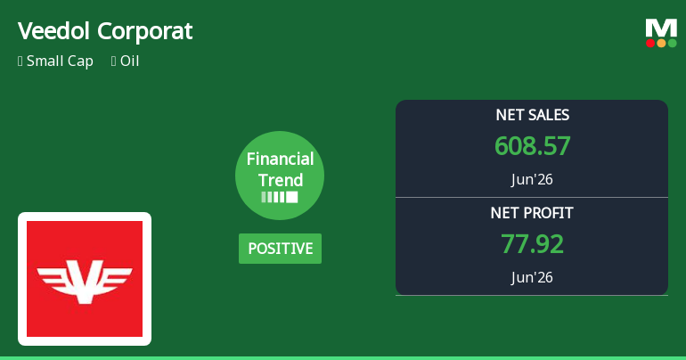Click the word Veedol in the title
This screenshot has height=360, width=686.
click(x=53, y=31)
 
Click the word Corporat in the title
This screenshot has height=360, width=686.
click(x=145, y=32)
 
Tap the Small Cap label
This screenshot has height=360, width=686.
click(x=60, y=61)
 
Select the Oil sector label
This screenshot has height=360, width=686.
click(x=129, y=61)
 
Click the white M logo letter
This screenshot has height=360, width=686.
click(x=661, y=29)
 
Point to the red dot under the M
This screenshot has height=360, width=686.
click(x=650, y=43)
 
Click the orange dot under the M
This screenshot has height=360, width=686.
click(x=661, y=43)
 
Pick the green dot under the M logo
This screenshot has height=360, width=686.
click(x=672, y=43)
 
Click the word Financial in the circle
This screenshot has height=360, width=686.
click(x=280, y=159)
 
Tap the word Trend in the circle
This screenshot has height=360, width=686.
click(x=281, y=180)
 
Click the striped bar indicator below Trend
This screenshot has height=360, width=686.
click(x=280, y=197)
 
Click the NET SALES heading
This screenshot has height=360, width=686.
click(x=533, y=115)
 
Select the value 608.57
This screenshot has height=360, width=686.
click(x=533, y=145)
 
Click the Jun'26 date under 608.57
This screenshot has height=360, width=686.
click(x=532, y=179)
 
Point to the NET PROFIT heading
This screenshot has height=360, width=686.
click(x=532, y=213)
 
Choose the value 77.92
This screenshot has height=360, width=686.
click(x=533, y=243)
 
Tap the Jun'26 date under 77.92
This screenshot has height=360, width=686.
click(x=532, y=277)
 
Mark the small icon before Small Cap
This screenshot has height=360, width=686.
click(x=20, y=61)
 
